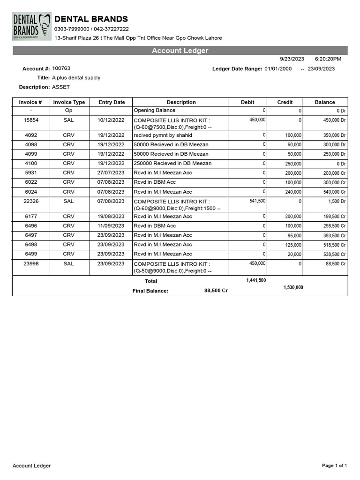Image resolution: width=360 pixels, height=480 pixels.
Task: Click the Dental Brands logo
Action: pyautogui.click(x=32, y=27)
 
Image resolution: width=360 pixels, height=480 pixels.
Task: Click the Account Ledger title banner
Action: pyautogui.click(x=180, y=51)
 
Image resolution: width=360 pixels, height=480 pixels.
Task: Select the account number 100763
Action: pyautogui.click(x=61, y=68)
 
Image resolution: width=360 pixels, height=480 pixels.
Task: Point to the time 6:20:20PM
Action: pyautogui.click(x=328, y=59)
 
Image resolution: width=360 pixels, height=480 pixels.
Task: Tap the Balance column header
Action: pyautogui.click(x=325, y=102)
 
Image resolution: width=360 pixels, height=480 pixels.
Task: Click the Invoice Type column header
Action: pyautogui.click(x=69, y=102)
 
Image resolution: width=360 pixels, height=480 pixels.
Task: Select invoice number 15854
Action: pyautogui.click(x=31, y=120)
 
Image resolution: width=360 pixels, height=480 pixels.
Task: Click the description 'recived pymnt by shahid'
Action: pyautogui.click(x=163, y=135)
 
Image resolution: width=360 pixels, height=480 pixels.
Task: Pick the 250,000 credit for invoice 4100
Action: pyautogui.click(x=293, y=164)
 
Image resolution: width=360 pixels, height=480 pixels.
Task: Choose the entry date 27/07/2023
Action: pyautogui.click(x=112, y=172)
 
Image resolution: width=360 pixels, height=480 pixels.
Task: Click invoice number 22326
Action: pyautogui.click(x=31, y=201)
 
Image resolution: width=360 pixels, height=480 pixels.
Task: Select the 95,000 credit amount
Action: pyautogui.click(x=294, y=236)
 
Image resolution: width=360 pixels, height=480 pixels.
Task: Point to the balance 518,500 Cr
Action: pyautogui.click(x=334, y=245)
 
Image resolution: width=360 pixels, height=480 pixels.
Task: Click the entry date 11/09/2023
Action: pyautogui.click(x=112, y=226)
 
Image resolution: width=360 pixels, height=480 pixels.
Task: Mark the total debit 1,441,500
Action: pyautogui.click(x=256, y=280)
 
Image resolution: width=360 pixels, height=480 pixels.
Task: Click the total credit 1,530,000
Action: pyautogui.click(x=293, y=287)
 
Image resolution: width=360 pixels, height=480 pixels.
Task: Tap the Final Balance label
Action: pyautogui.click(x=150, y=291)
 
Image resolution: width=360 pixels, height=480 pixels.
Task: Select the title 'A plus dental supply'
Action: pyautogui.click(x=76, y=78)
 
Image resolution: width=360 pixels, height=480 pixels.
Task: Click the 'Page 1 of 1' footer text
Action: pyautogui.click(x=335, y=465)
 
